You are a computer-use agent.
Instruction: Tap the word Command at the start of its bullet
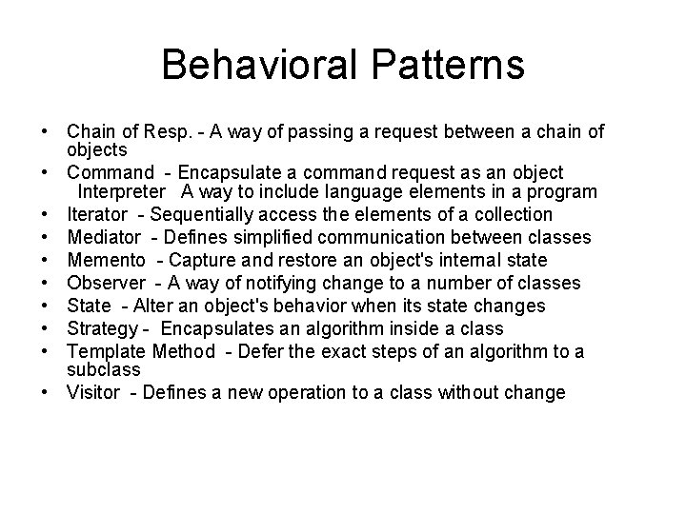[x=111, y=172]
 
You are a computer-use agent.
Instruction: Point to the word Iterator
[x=98, y=214]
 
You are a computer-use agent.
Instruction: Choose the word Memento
[x=106, y=260]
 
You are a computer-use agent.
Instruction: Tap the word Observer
[x=105, y=283]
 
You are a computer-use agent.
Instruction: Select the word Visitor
[x=93, y=392]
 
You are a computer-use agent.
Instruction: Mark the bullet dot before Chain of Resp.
[x=46, y=131]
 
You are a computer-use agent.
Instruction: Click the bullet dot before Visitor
[x=46, y=392]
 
